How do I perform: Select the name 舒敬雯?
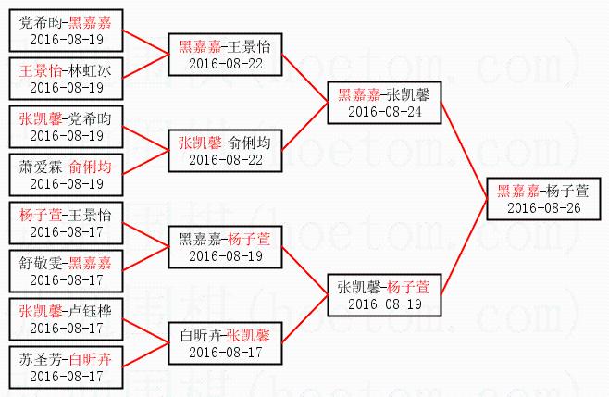[x=38, y=263]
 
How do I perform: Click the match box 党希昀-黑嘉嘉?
[x=63, y=30]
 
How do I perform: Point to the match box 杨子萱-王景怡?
[x=63, y=222]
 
